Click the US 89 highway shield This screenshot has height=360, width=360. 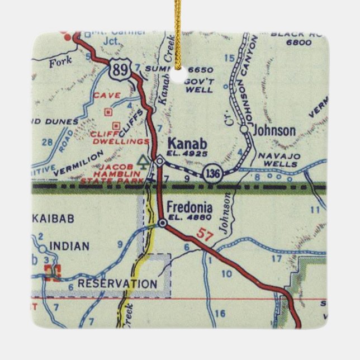(119, 70)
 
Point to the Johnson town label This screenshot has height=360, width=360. (274, 130)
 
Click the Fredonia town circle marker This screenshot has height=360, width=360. (162, 224)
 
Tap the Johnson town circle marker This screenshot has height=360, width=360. (244, 129)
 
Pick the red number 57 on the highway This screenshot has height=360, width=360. (205, 236)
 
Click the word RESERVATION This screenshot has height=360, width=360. (117, 284)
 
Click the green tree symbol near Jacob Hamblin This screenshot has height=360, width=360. (144, 162)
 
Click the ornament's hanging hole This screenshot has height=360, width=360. (179, 74)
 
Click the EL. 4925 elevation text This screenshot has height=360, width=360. (187, 153)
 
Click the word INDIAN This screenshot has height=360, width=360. (69, 246)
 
